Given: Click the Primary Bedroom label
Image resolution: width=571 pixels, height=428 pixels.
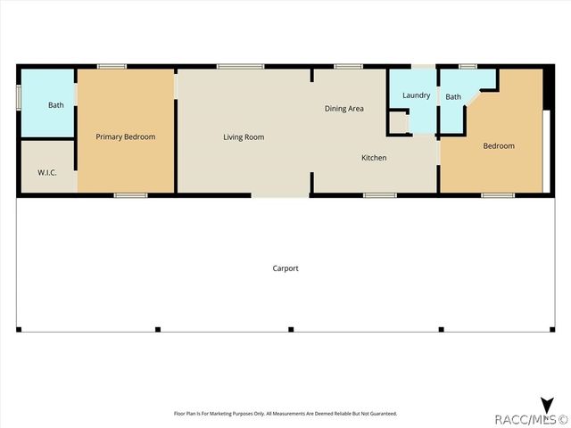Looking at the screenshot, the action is point(126,136).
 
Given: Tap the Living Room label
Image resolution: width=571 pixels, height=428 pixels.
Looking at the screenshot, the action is point(244,137).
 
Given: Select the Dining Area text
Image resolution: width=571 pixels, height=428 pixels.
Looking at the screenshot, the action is point(344,109).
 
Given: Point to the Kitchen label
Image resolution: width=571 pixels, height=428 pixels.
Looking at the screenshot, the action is point(374,158).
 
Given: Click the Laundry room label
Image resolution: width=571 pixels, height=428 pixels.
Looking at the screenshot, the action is point(417,95).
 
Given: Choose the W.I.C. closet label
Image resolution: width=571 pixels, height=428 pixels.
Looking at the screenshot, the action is point(47,172).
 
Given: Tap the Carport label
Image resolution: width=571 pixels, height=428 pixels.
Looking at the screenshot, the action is point(285,268).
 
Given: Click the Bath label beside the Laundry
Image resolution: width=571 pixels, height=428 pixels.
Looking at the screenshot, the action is point(453,97).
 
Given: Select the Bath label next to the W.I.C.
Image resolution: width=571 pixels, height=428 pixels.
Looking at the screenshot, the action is point(56,105).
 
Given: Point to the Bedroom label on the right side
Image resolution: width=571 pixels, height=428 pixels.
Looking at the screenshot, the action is point(499,146).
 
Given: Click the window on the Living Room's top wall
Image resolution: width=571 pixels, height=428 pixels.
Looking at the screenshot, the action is point(240,67).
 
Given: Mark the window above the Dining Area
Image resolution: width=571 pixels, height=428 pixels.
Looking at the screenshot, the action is point(348,67).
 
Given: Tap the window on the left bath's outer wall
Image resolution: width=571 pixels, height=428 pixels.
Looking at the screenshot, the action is point(19,97).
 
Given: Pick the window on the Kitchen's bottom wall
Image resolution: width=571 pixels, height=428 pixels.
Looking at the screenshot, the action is point(380,195).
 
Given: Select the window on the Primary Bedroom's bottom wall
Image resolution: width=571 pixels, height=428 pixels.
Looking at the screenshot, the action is point(131,195).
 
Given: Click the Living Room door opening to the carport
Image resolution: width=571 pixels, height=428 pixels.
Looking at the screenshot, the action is point(280,195).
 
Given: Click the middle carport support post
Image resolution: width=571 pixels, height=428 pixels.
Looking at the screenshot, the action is point(291,329).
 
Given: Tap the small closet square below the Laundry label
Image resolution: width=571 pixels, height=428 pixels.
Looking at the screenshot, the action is point(399,123).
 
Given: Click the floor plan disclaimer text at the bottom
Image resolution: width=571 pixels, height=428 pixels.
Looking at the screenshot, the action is point(285,414).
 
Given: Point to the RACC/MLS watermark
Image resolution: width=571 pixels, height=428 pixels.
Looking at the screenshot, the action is point(531,419).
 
